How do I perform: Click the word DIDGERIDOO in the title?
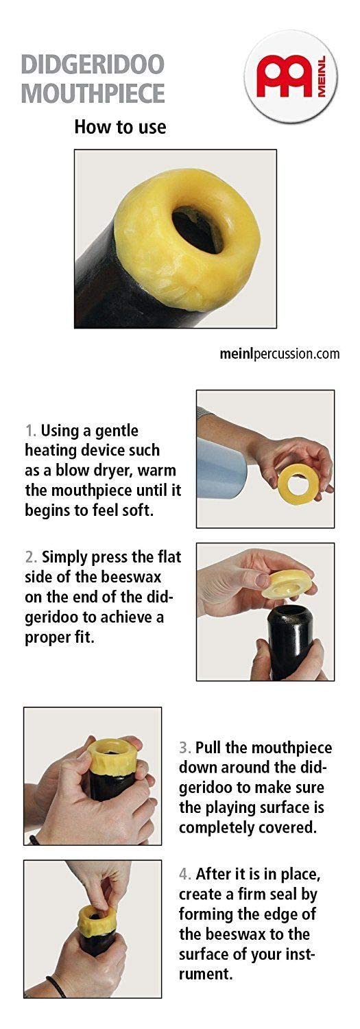coord(93,64)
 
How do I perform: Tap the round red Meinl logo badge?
coord(291,75)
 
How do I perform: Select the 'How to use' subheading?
coord(120,127)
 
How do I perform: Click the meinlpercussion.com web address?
coord(280,354)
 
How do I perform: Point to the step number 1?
coord(30,431)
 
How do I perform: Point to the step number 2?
coord(31,557)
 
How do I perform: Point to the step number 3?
coord(184,748)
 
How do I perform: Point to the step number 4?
coord(185,874)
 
